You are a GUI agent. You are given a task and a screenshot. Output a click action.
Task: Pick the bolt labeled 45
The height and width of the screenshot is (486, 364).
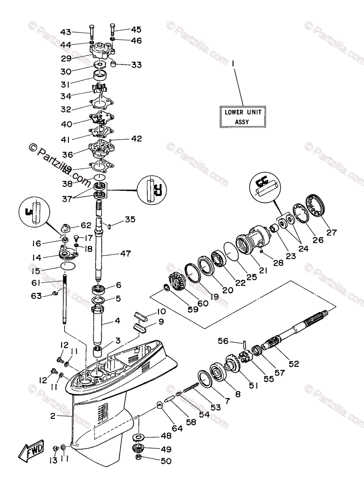tap(113, 29)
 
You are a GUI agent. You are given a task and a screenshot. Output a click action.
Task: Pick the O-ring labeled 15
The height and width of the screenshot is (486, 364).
tap(68, 266)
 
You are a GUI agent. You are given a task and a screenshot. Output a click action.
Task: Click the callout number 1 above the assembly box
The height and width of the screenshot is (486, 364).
tap(233, 63)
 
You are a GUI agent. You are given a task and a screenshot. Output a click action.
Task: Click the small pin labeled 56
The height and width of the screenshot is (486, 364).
tap(245, 344)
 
